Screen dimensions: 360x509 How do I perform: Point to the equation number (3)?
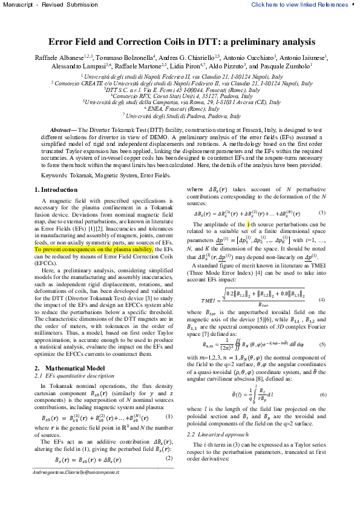tap(322, 212)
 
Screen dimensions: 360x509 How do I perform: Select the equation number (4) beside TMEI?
tap(322, 300)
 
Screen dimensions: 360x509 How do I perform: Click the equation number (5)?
tap(322, 344)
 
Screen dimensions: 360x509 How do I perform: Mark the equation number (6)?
tap(322, 412)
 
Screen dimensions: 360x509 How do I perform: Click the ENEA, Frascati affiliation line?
tap(182, 108)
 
